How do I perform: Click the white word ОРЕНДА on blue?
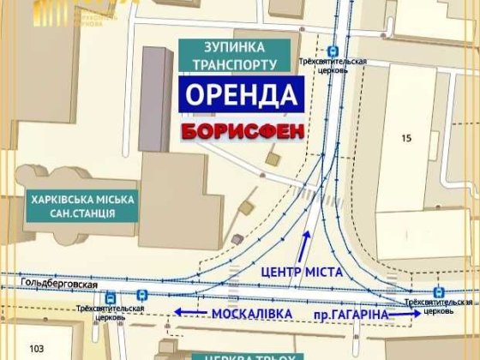(240, 94)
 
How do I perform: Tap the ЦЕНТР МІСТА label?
(303, 272)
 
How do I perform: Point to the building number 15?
(406, 137)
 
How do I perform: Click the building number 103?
(35, 348)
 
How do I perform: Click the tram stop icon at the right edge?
(438, 291)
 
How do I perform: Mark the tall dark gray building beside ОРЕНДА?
(156, 99)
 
